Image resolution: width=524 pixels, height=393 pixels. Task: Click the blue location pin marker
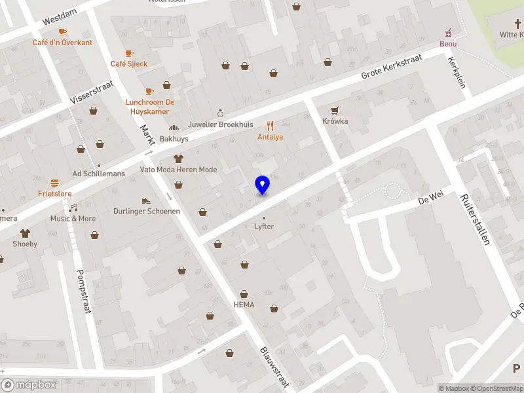(263, 185)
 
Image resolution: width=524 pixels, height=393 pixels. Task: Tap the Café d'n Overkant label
(62, 43)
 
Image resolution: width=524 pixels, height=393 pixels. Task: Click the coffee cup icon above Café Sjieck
(129, 53)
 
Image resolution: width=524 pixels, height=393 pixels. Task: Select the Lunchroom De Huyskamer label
(150, 106)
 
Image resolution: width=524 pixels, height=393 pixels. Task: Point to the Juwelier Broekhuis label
(220, 124)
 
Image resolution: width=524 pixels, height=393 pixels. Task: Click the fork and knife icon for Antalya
(270, 126)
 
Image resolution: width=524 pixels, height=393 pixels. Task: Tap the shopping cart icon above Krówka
(335, 111)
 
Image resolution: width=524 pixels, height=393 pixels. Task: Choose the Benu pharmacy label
(448, 44)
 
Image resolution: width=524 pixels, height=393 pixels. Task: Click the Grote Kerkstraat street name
(392, 67)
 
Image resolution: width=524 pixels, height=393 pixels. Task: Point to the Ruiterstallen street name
(475, 219)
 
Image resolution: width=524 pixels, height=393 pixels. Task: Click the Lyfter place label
(264, 227)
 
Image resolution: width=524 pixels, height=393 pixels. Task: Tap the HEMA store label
(244, 305)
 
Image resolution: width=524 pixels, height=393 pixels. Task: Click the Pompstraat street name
(83, 291)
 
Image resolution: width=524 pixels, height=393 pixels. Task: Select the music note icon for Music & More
(73, 208)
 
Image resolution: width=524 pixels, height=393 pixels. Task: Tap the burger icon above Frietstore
(54, 183)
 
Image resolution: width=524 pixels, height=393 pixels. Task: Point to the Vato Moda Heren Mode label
(178, 170)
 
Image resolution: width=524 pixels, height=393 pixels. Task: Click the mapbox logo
(29, 384)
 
